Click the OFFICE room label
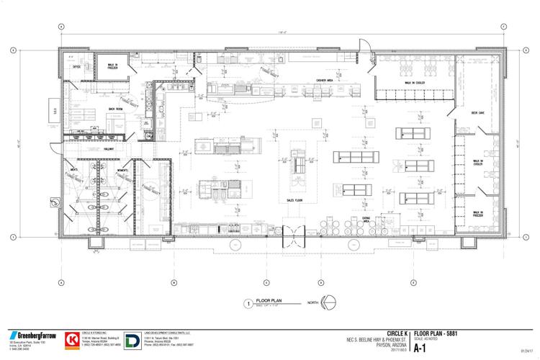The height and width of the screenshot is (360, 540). pyautogui.click(x=76, y=66)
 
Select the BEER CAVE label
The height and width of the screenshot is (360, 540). pyautogui.click(x=477, y=114)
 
